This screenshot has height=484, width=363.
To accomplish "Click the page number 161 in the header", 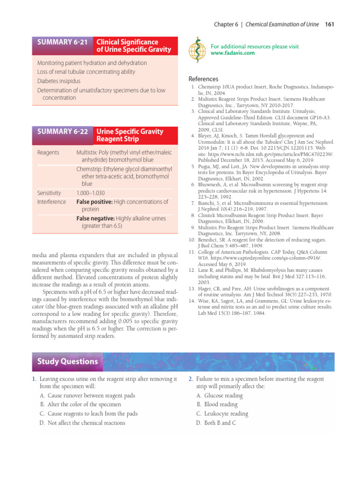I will [x=330, y=24].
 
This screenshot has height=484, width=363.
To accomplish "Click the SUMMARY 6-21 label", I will [x=62, y=42].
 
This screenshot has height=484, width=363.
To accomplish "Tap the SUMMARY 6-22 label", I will [x=62, y=131].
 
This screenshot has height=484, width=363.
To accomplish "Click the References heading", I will [x=203, y=79].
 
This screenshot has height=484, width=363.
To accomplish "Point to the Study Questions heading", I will [x=67, y=362].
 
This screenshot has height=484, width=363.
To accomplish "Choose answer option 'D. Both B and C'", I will [x=216, y=423].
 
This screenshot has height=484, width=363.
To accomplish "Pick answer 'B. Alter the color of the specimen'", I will [x=80, y=404].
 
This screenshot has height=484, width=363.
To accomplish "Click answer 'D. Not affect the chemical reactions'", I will [x=83, y=423].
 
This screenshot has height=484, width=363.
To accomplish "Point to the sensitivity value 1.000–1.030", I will [x=90, y=193].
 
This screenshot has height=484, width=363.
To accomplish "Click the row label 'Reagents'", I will [x=48, y=153].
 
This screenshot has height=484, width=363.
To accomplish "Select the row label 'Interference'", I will [x=52, y=202].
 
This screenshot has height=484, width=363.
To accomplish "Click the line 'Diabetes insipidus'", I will [x=59, y=81].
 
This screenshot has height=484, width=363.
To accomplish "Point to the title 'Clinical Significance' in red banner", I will [x=127, y=42].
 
